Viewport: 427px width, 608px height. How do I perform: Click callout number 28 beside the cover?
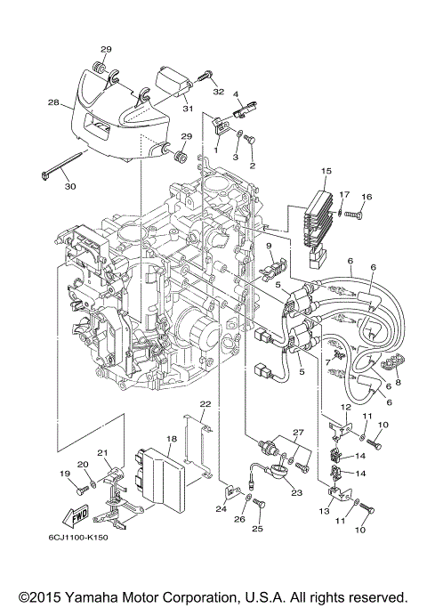54,103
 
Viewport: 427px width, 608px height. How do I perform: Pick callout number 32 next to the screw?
216,92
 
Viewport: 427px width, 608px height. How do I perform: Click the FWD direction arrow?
74,516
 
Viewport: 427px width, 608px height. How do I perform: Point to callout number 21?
101,453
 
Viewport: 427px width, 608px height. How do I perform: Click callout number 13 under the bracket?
322,513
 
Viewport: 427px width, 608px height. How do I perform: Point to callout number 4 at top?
237,93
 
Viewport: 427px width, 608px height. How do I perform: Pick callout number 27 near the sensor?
298,432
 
